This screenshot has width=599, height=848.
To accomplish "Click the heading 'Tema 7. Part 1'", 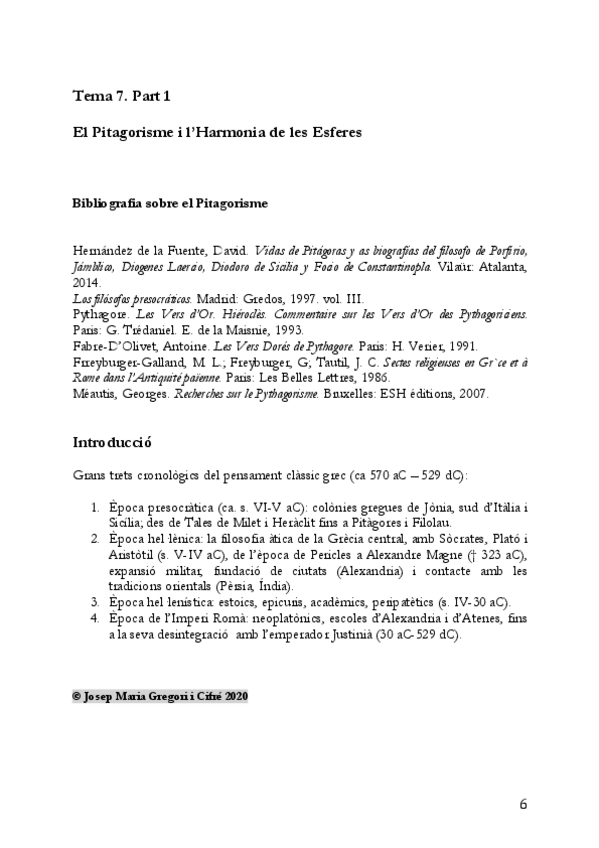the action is (122, 96).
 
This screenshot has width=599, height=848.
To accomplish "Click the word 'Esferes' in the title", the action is (334, 132).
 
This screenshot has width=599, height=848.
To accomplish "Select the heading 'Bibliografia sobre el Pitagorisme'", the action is (169, 203).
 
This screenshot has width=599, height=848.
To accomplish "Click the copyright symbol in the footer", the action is (77, 695).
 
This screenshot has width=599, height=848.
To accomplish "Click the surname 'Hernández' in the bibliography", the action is (104, 249).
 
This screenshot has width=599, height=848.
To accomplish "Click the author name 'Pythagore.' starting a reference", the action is (97, 314).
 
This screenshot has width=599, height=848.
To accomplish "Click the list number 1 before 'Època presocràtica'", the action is (95, 508).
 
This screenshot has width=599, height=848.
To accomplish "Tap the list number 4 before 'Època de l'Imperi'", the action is (95, 621).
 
